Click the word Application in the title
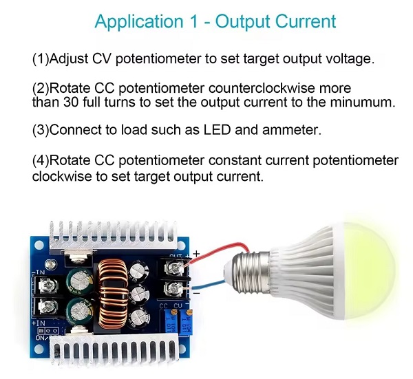pyautogui.click(x=139, y=21)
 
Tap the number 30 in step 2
pyautogui.click(x=71, y=102)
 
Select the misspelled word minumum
pyautogui.click(x=363, y=102)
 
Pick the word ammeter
pyautogui.click(x=292, y=130)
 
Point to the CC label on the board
pyautogui.click(x=164, y=306)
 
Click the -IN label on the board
pyautogui.click(x=39, y=272)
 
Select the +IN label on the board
pyautogui.click(x=39, y=323)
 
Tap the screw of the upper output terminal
pyautogui.click(x=173, y=268)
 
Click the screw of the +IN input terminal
pyautogui.click(x=48, y=306)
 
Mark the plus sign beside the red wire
pyautogui.click(x=196, y=254)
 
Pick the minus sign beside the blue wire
pyautogui.click(x=196, y=292)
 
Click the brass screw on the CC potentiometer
pyautogui.click(x=173, y=312)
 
